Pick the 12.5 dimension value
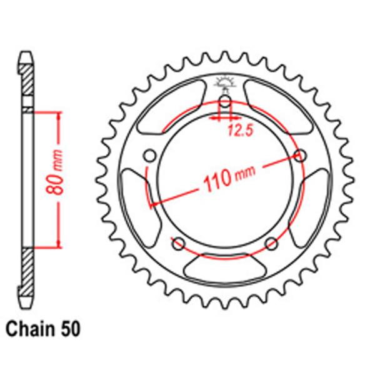(239, 129)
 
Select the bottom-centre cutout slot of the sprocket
(225, 269)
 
